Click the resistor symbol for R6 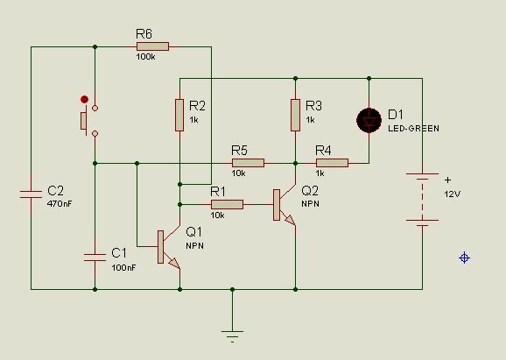pyautogui.click(x=152, y=46)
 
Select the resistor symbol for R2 pyautogui.click(x=179, y=115)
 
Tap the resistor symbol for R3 pyautogui.click(x=295, y=115)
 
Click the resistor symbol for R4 pyautogui.click(x=332, y=162)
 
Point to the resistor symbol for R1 pyautogui.click(x=226, y=204)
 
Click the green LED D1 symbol pyautogui.click(x=369, y=120)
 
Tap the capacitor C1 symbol pyautogui.click(x=95, y=256)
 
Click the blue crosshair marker pyautogui.click(x=465, y=258)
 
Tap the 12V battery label pyautogui.click(x=452, y=193)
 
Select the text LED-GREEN pyautogui.click(x=413, y=129)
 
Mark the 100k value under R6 pyautogui.click(x=145, y=57)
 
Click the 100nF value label pyautogui.click(x=123, y=266)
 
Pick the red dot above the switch pyautogui.click(x=84, y=99)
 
